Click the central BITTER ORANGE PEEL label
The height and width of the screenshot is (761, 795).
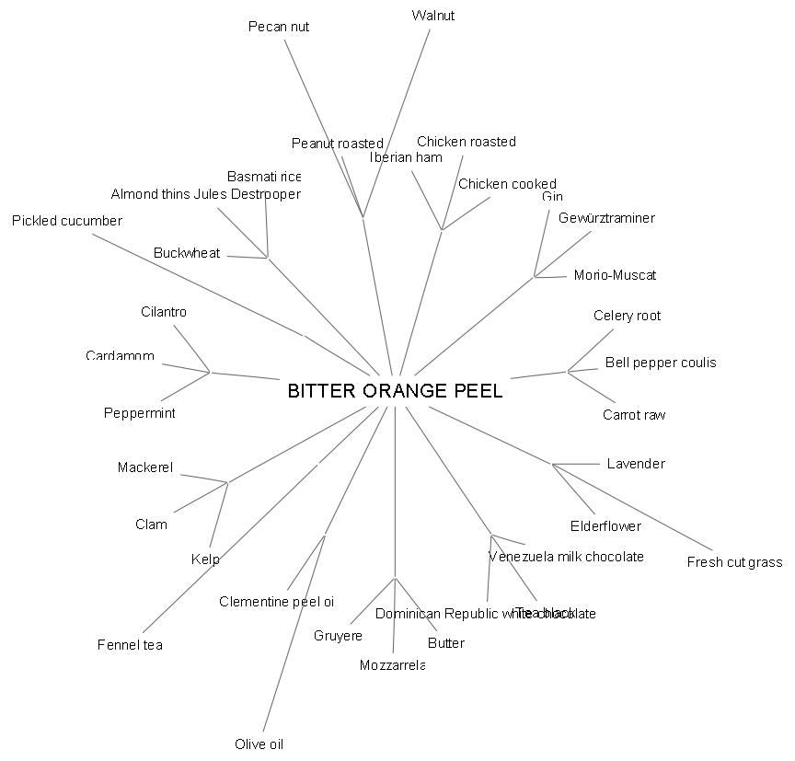(x=395, y=391)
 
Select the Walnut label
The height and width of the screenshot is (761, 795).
(x=433, y=16)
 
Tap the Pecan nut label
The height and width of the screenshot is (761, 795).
(x=279, y=27)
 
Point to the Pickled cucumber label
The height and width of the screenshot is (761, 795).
(x=67, y=221)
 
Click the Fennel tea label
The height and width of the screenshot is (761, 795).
(x=130, y=645)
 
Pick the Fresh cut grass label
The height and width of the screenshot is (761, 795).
(x=734, y=562)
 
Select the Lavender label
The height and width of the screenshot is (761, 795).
(x=636, y=464)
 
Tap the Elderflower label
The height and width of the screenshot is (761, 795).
(x=605, y=526)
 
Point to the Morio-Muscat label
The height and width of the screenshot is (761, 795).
(x=615, y=275)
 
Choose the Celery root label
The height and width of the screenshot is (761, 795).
(x=627, y=316)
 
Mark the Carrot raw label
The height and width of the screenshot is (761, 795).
(x=634, y=415)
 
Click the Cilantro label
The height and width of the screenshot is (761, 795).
(x=164, y=312)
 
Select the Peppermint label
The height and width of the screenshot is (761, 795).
(x=139, y=413)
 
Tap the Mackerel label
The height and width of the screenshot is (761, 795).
(x=145, y=467)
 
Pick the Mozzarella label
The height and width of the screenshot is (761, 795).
(x=392, y=665)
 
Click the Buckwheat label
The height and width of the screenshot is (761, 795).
(x=187, y=253)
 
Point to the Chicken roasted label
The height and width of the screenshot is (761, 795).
(x=467, y=142)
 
